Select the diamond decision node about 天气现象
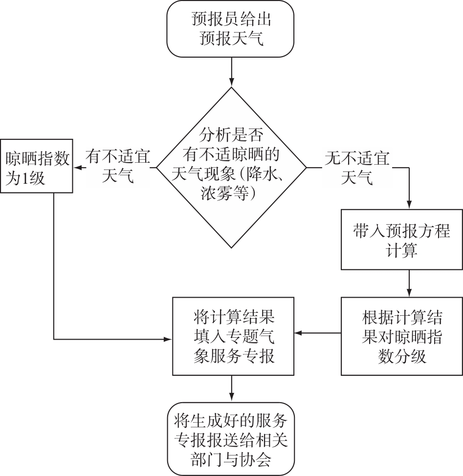[231, 168]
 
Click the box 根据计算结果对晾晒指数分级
[401, 336]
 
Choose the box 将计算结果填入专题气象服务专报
[233, 336]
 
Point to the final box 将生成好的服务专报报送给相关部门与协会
[231, 438]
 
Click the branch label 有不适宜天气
[118, 168]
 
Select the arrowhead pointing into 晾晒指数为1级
[77, 168]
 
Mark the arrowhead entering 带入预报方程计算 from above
[409, 205]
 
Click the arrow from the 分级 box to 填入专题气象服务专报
[318, 333]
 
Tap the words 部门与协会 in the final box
[231, 459]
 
